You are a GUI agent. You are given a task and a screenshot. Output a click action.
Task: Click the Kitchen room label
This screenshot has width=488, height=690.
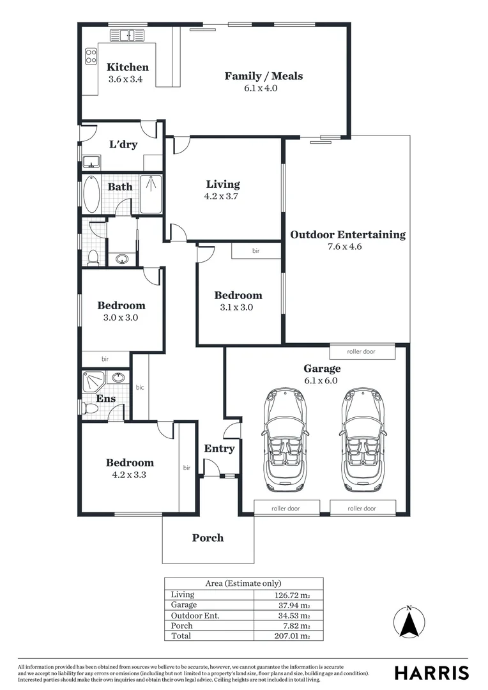127,67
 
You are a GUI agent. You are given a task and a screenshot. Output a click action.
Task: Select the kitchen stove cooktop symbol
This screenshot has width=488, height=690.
91,56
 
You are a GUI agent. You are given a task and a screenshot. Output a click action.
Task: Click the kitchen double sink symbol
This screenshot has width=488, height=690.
128,35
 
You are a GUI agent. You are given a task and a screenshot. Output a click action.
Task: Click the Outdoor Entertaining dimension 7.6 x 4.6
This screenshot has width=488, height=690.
347,247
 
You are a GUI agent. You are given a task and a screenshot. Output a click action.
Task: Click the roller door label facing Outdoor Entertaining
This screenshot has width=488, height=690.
362,352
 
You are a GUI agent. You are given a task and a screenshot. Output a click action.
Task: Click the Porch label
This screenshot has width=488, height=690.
208,538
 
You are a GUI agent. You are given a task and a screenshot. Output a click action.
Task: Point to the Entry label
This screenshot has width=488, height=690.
219,448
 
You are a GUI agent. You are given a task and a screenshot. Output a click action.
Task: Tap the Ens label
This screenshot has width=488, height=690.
105,399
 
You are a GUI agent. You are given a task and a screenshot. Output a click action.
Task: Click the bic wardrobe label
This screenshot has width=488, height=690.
140,387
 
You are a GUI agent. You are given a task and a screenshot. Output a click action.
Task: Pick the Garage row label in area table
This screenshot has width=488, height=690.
184,605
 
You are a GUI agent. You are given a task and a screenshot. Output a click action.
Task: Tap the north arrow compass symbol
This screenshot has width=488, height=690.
409,622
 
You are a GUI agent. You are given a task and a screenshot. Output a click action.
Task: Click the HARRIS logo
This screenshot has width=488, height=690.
431,672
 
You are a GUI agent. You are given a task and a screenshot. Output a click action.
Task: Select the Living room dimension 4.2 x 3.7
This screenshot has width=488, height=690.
222,197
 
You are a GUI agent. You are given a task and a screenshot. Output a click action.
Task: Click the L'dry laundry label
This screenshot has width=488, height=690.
123,145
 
